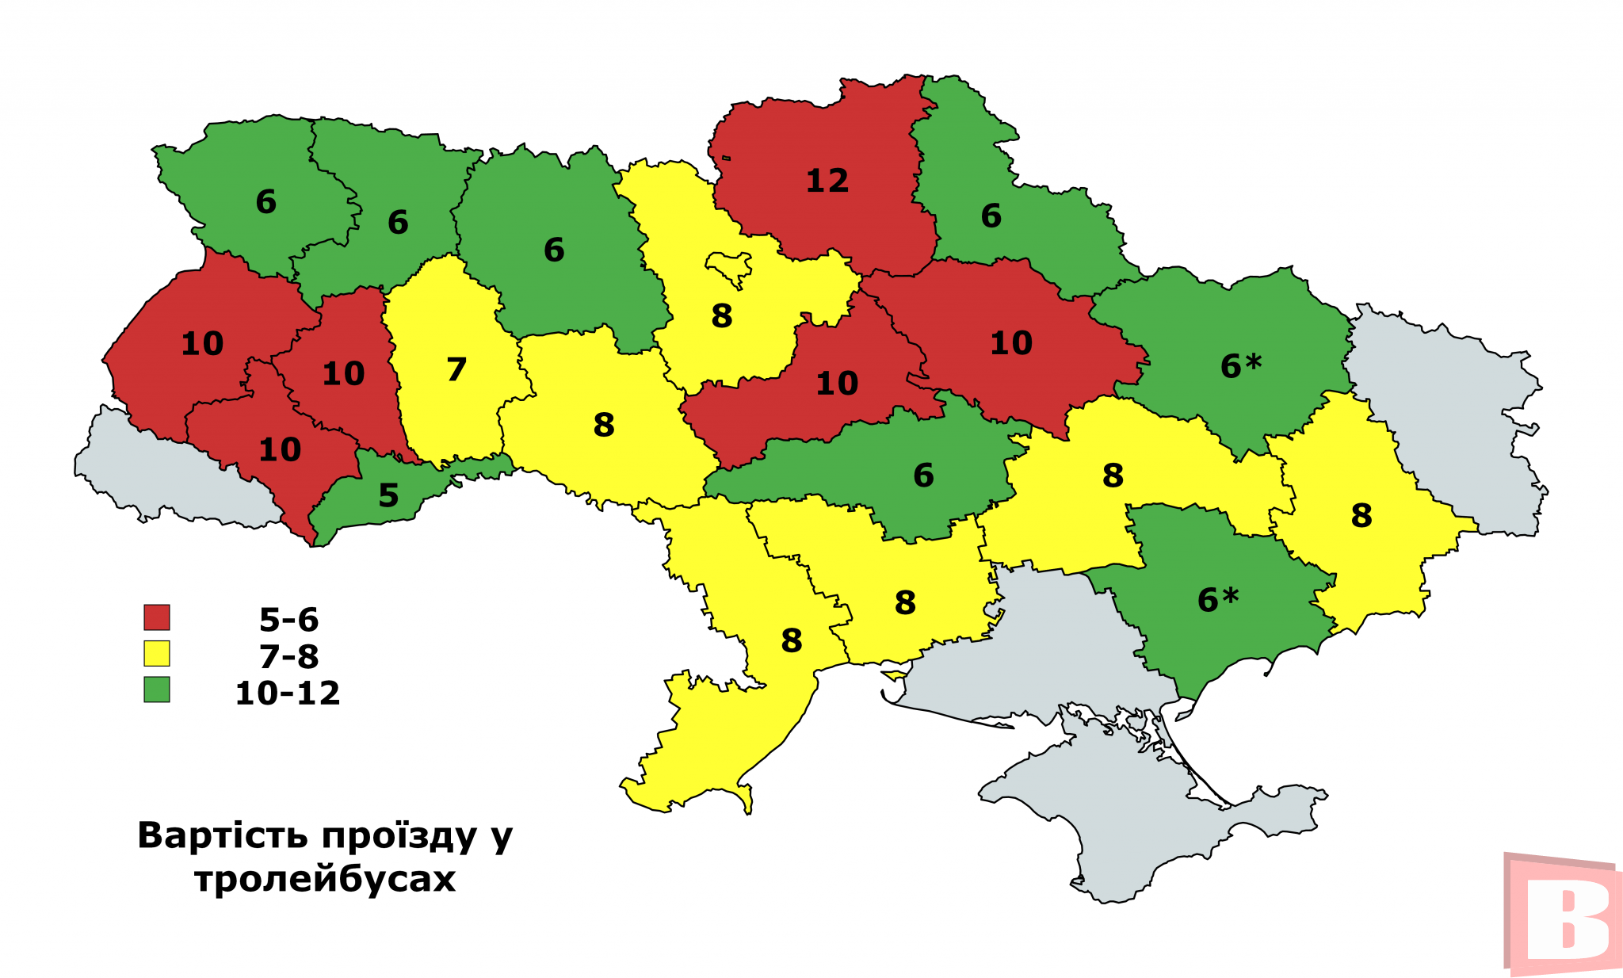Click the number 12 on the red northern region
tap(827, 181)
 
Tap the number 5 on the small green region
tap(388, 496)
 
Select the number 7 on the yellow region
tap(456, 370)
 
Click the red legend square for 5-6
tap(157, 617)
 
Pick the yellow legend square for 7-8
tap(157, 654)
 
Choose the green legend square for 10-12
tap(157, 690)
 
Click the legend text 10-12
tap(288, 693)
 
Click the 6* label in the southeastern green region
tap(1217, 600)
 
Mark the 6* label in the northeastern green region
tap(1240, 366)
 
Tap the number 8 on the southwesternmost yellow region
tap(791, 641)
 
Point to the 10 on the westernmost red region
tap(202, 344)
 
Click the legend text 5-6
tap(288, 620)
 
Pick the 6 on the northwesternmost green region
tap(265, 203)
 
